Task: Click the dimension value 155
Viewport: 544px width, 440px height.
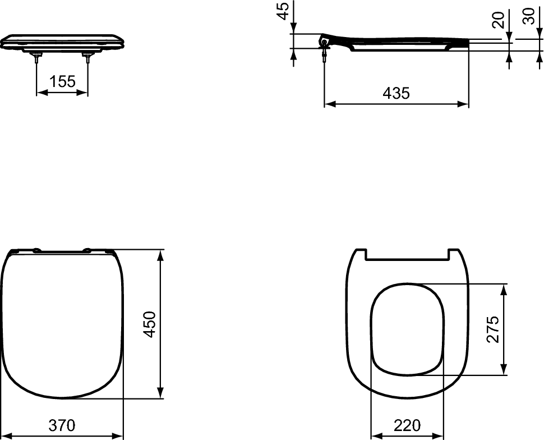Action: tap(62, 82)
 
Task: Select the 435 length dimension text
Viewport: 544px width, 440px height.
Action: tap(396, 93)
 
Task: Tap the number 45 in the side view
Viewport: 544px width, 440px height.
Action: tap(284, 11)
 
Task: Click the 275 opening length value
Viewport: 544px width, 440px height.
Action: tap(494, 330)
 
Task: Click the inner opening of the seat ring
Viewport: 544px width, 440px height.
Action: tap(408, 328)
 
